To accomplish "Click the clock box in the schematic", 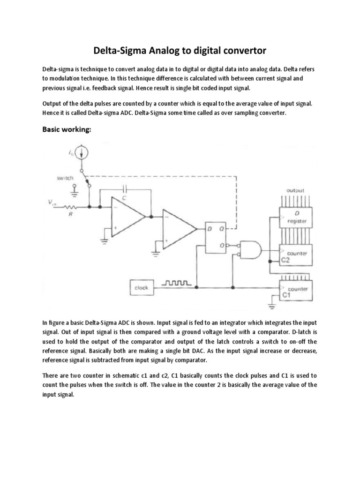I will pos(141,288).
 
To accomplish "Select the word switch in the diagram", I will pos(65,178).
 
